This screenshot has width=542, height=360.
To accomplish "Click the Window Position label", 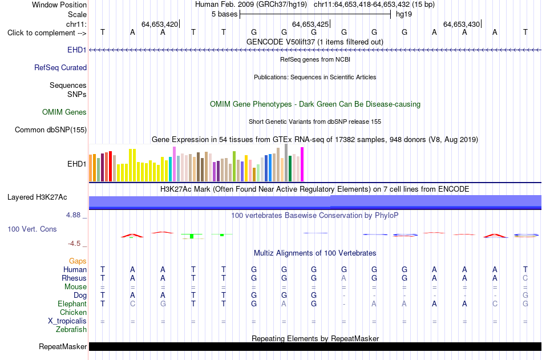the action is click(59, 5).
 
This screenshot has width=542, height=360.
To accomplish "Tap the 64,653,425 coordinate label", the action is click(310, 24).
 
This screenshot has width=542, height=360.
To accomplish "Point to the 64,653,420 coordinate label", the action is click(160, 24).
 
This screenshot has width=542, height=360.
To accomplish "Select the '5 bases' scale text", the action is click(225, 14).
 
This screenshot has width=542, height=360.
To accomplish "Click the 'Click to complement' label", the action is click(42, 33).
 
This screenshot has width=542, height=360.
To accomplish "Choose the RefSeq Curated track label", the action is click(60, 67).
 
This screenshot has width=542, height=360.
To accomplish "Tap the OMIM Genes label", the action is click(64, 112).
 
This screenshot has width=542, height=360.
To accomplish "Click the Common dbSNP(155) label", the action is click(51, 130).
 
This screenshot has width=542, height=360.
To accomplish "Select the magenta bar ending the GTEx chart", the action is click(302, 164).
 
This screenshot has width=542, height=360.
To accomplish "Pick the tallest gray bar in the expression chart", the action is click(286, 163).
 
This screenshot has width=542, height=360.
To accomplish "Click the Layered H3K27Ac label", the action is click(37, 197).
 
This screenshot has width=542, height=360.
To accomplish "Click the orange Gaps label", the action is click(78, 261).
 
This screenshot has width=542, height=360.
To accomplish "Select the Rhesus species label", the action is click(74, 278).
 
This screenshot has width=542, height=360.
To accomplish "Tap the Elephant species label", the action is click(72, 304).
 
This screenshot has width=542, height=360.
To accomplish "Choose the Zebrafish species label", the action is click(71, 329).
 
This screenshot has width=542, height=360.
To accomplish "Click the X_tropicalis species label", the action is click(67, 321).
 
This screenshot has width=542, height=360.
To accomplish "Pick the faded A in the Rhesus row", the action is click(343, 278).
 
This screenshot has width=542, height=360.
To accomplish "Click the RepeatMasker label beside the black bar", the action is click(63, 346).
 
